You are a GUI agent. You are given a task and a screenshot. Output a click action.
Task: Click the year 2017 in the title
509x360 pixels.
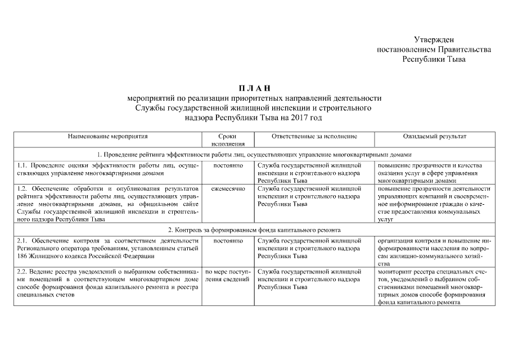click(301, 118)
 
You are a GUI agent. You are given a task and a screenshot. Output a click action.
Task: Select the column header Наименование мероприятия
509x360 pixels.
click(107, 137)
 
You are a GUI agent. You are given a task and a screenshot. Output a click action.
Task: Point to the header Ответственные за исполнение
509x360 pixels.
click(314, 137)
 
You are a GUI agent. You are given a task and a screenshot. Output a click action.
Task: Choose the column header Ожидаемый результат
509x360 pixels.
click(434, 137)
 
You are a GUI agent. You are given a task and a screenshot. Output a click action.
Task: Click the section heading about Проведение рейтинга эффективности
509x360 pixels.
click(254, 155)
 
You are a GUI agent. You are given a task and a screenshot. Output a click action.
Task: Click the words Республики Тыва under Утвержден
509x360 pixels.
click(438, 59)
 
